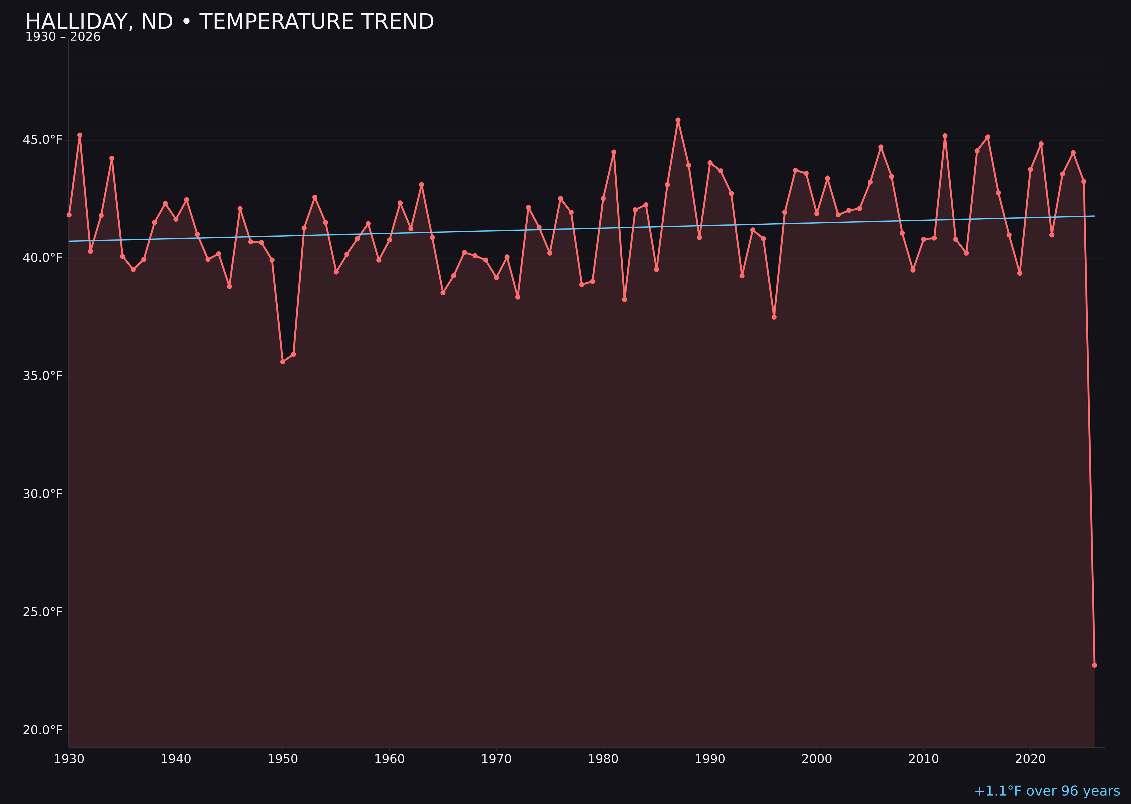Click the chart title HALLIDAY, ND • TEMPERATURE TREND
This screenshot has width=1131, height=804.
point(229,22)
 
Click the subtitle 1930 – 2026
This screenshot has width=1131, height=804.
point(63,37)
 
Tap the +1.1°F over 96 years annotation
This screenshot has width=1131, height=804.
point(1047,791)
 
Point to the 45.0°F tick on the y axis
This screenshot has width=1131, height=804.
point(43,140)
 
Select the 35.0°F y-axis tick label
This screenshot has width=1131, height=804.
point(43,376)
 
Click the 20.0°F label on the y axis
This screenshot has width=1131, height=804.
point(43,730)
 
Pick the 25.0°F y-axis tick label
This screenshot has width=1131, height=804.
point(43,612)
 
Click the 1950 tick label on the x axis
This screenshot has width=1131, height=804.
point(283,759)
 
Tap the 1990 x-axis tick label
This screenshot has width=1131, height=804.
point(710,759)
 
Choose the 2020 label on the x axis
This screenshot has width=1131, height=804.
point(1030,759)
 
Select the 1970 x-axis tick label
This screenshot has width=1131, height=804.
point(496,759)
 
